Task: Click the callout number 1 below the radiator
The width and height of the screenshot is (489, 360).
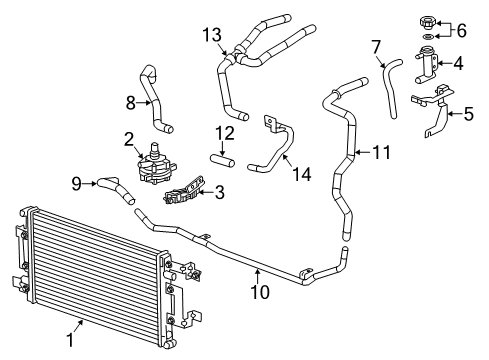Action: [x=70, y=340]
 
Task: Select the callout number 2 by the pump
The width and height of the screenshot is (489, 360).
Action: [x=128, y=139]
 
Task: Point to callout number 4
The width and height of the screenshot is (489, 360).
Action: [x=458, y=63]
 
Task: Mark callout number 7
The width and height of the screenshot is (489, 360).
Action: [x=376, y=47]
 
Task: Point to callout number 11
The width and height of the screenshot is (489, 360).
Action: [x=380, y=153]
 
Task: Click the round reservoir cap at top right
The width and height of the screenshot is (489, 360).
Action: [x=429, y=20]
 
